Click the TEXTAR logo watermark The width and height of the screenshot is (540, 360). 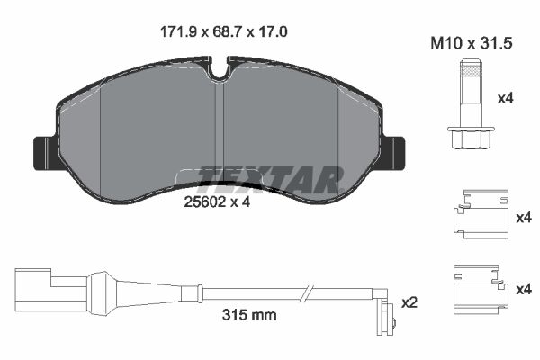270,180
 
